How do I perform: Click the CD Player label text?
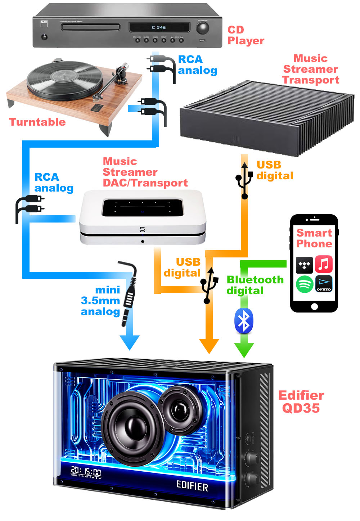pyautogui.click(x=246, y=35)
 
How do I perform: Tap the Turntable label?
pyautogui.click(x=37, y=122)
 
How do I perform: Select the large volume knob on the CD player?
pyautogui.click(x=202, y=28)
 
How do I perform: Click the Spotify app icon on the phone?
pyautogui.click(x=305, y=284)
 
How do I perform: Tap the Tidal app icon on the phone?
pyautogui.click(x=305, y=265)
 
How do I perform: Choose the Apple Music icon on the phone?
pyautogui.click(x=324, y=264)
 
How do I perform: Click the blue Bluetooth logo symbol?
pyautogui.click(x=244, y=321)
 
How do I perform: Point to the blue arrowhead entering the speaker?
pyautogui.click(x=129, y=342)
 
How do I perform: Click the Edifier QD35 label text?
pyautogui.click(x=301, y=401)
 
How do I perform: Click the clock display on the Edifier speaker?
pyautogui.click(x=86, y=471)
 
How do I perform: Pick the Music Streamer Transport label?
pyautogui.click(x=311, y=69)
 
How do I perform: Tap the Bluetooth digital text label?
pyautogui.click(x=255, y=285)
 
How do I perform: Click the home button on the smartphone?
pyautogui.click(x=314, y=306)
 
